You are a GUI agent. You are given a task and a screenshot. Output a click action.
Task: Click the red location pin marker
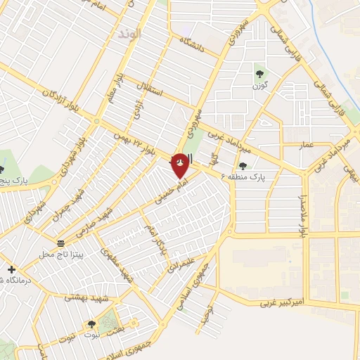coord(180,165)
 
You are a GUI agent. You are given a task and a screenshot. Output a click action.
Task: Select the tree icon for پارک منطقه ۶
coord(243,166)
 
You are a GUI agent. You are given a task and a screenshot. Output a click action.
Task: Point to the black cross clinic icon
coord(11,269)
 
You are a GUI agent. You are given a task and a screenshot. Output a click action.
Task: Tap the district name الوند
coord(130,34)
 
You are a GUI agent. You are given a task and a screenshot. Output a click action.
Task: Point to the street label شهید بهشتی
coord(84,297)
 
